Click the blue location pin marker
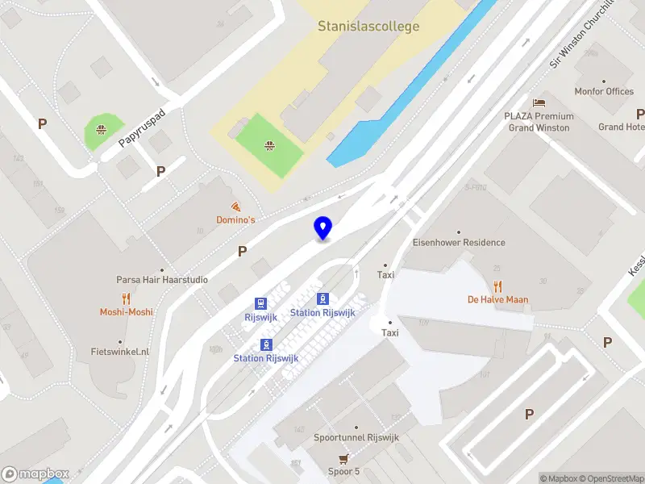[x=322, y=227]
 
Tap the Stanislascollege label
[x=368, y=27]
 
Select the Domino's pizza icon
[x=235, y=207]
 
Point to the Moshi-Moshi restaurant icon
[x=127, y=299]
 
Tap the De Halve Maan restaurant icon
[x=497, y=286]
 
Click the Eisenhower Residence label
[x=459, y=243]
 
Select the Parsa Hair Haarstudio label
[x=162, y=280]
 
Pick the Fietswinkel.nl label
[x=121, y=352]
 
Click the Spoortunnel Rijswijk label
[x=356, y=439]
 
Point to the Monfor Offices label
[x=604, y=92]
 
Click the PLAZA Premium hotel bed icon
[x=538, y=103]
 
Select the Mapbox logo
[x=35, y=474]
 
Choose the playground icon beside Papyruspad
[x=102, y=129]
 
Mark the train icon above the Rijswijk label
[x=260, y=303]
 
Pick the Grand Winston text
[x=539, y=127]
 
